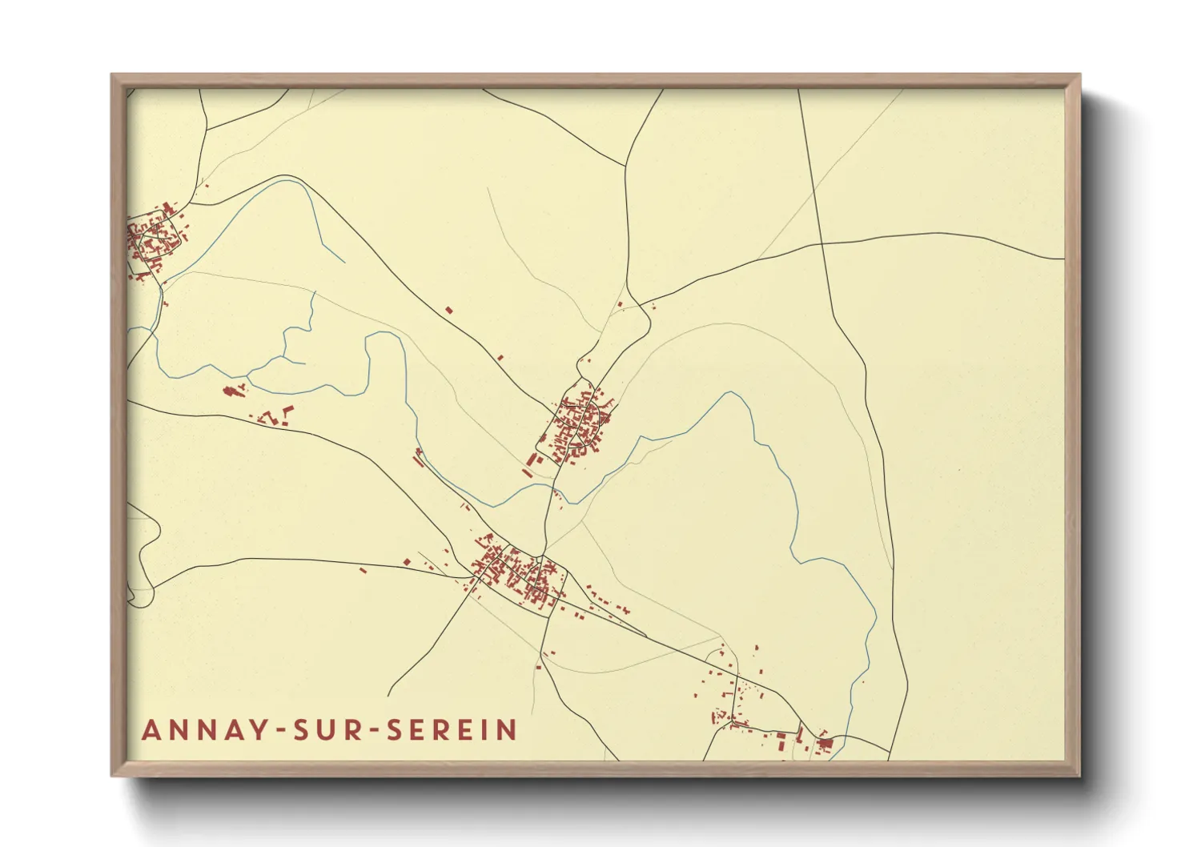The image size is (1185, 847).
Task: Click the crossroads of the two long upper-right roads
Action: tap(821, 243)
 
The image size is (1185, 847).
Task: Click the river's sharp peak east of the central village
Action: tap(729, 393)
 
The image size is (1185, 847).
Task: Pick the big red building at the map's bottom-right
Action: tap(825, 745)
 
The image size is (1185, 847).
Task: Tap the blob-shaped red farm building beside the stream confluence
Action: tap(233, 391)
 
